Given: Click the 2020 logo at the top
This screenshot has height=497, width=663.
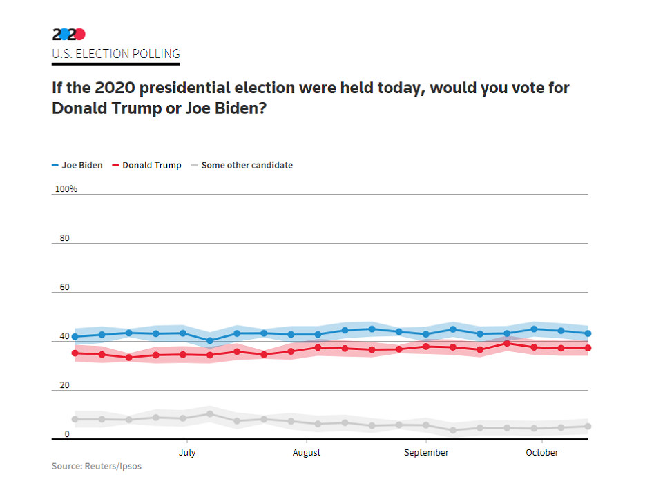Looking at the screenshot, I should click(x=69, y=34).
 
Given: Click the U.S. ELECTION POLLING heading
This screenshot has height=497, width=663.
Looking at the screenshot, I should click(x=116, y=54).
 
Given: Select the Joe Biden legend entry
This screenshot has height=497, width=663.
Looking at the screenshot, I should click(x=77, y=166).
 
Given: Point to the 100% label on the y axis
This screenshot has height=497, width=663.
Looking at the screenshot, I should click(x=66, y=189).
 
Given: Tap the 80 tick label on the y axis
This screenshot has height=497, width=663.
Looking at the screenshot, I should click(x=65, y=238).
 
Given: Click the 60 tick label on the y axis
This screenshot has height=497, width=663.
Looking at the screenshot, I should click(x=65, y=287).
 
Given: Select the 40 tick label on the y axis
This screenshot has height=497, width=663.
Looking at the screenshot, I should click(x=65, y=337).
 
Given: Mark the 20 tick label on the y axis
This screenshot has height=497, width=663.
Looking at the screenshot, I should click(x=65, y=385).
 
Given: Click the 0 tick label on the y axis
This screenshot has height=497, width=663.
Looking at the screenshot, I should click(x=67, y=434).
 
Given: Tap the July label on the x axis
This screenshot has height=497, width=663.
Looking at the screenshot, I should click(x=187, y=453).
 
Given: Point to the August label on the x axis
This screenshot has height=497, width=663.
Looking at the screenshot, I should click(x=307, y=453).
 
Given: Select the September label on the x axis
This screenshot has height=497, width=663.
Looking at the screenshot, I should click(x=426, y=453).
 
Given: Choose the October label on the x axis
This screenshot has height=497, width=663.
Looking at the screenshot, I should click(x=542, y=453).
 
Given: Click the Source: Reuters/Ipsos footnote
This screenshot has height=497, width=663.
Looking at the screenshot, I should click(x=97, y=467).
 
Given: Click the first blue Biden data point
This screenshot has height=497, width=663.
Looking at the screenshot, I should click(x=75, y=337).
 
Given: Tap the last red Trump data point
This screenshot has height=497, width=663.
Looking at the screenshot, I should click(x=588, y=348).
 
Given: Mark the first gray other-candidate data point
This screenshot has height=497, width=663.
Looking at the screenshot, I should click(x=75, y=419).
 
